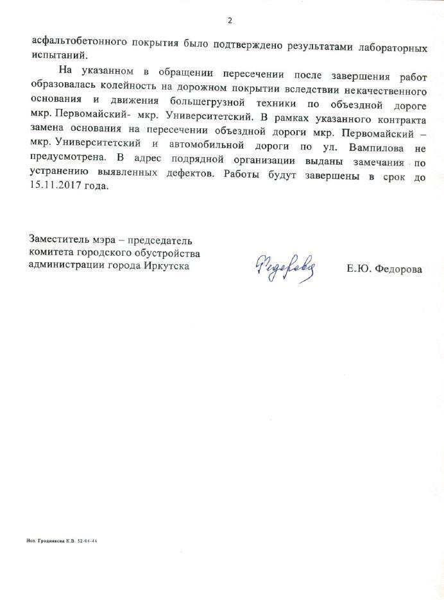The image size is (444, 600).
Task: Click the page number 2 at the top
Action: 229,21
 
